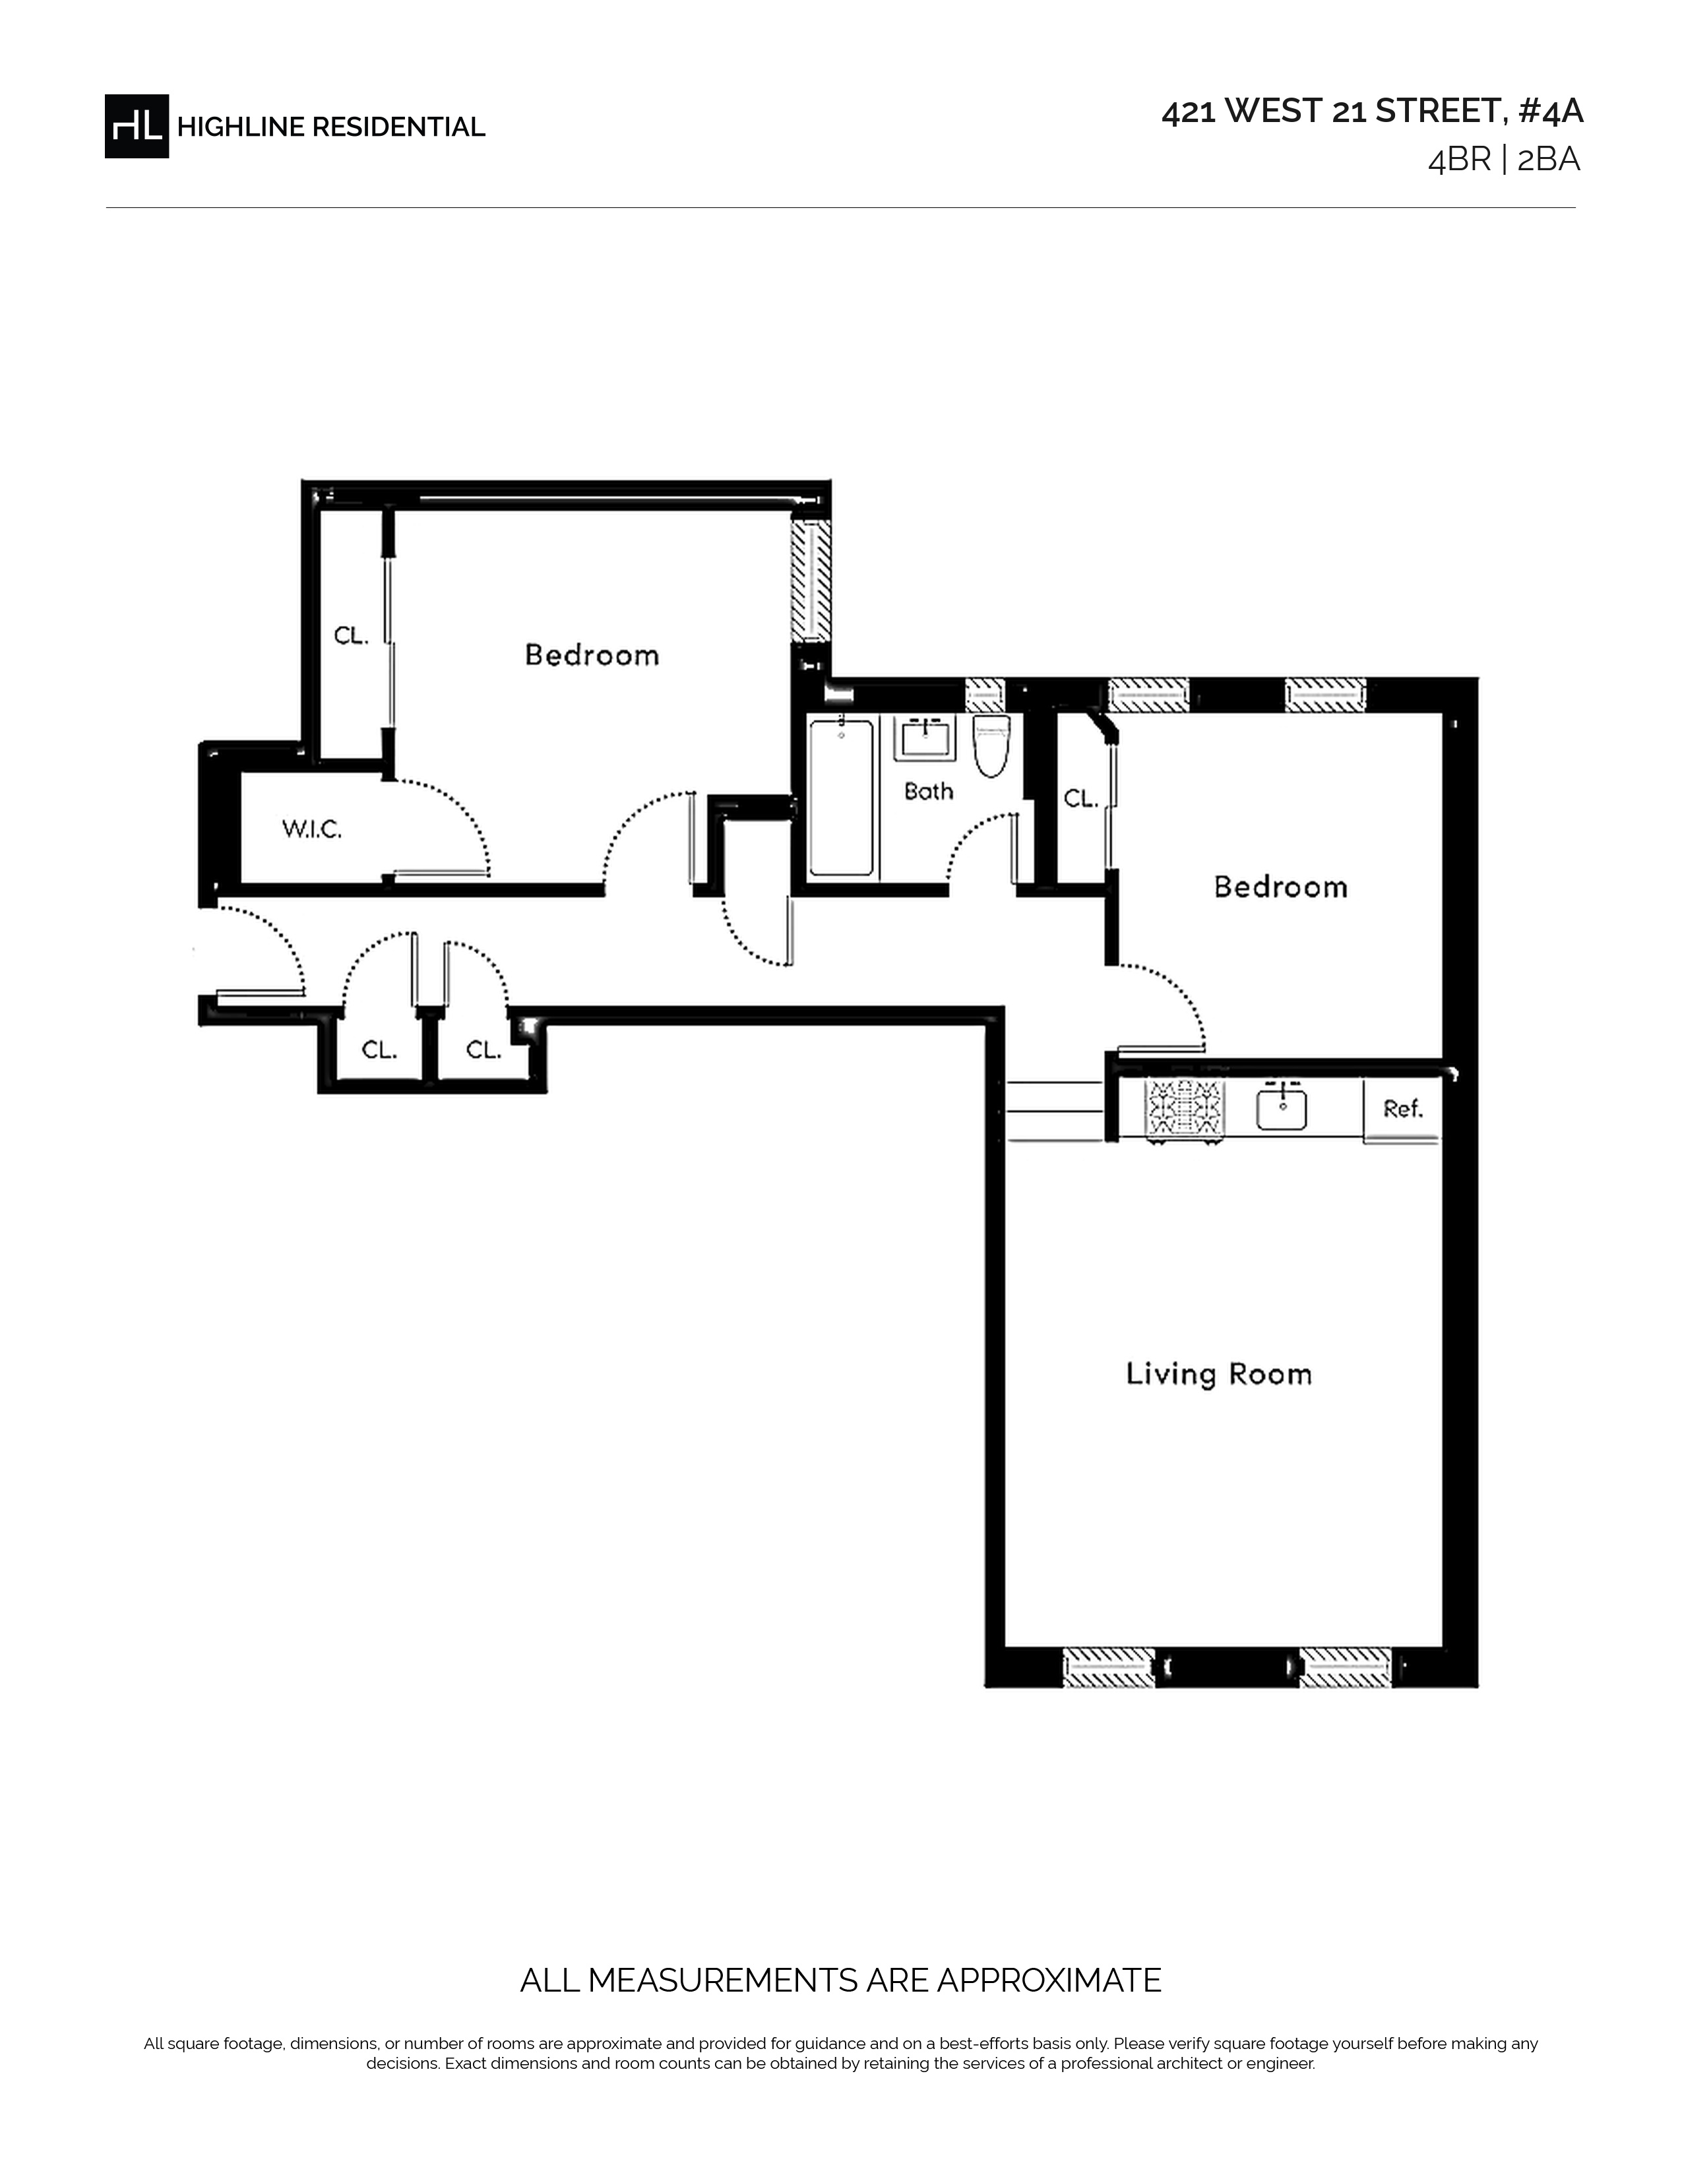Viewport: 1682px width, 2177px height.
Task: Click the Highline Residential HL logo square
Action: click(x=137, y=127)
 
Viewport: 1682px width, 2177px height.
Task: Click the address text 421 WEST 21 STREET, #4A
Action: click(x=1372, y=111)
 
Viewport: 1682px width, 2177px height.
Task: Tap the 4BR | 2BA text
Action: click(x=1504, y=160)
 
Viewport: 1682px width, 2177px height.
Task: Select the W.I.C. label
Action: click(x=312, y=829)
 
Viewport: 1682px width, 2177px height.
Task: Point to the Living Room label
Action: click(x=1219, y=1375)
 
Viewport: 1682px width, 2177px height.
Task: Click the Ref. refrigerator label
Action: click(x=1403, y=1108)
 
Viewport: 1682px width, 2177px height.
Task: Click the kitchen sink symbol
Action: click(x=1282, y=1108)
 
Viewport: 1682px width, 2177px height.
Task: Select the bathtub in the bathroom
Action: click(x=842, y=798)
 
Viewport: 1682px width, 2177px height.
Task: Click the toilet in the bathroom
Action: click(x=991, y=745)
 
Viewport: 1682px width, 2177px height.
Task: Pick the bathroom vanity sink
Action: click(x=927, y=739)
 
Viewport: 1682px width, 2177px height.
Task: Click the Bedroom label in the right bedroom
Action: click(x=1280, y=887)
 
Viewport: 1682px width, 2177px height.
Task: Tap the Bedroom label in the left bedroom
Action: click(x=592, y=655)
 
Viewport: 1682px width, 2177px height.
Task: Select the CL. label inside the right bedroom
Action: click(x=1080, y=798)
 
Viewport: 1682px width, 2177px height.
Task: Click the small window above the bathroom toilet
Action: click(x=985, y=695)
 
